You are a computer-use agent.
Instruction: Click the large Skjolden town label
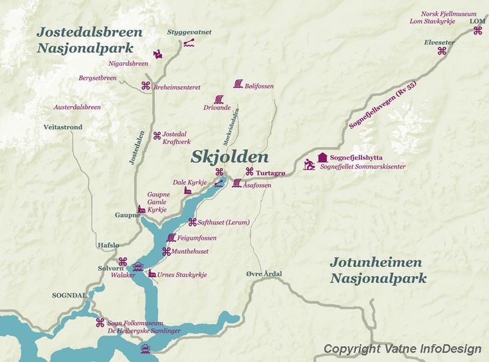pyautogui.click(x=230, y=157)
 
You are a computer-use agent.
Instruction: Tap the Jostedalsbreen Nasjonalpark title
pyautogui.click(x=89, y=40)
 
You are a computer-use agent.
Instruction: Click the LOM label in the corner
pyautogui.click(x=477, y=21)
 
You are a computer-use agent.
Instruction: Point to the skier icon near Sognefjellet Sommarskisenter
pyautogui.click(x=310, y=164)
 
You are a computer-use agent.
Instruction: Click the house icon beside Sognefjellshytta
pyautogui.click(x=323, y=157)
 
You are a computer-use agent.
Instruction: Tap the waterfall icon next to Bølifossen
pyautogui.click(x=238, y=84)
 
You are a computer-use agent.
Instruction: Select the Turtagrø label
pyautogui.click(x=270, y=173)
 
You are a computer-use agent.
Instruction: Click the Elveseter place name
pyautogui.click(x=439, y=42)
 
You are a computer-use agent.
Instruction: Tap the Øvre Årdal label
pyautogui.click(x=264, y=274)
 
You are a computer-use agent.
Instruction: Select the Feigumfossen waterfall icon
pyautogui.click(x=171, y=237)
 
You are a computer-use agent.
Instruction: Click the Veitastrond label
pyautogui.click(x=63, y=126)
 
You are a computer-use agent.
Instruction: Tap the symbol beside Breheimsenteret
pyautogui.click(x=146, y=85)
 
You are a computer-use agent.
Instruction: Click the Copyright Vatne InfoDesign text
pyautogui.click(x=402, y=349)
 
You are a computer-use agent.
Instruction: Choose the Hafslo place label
pyautogui.click(x=108, y=244)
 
